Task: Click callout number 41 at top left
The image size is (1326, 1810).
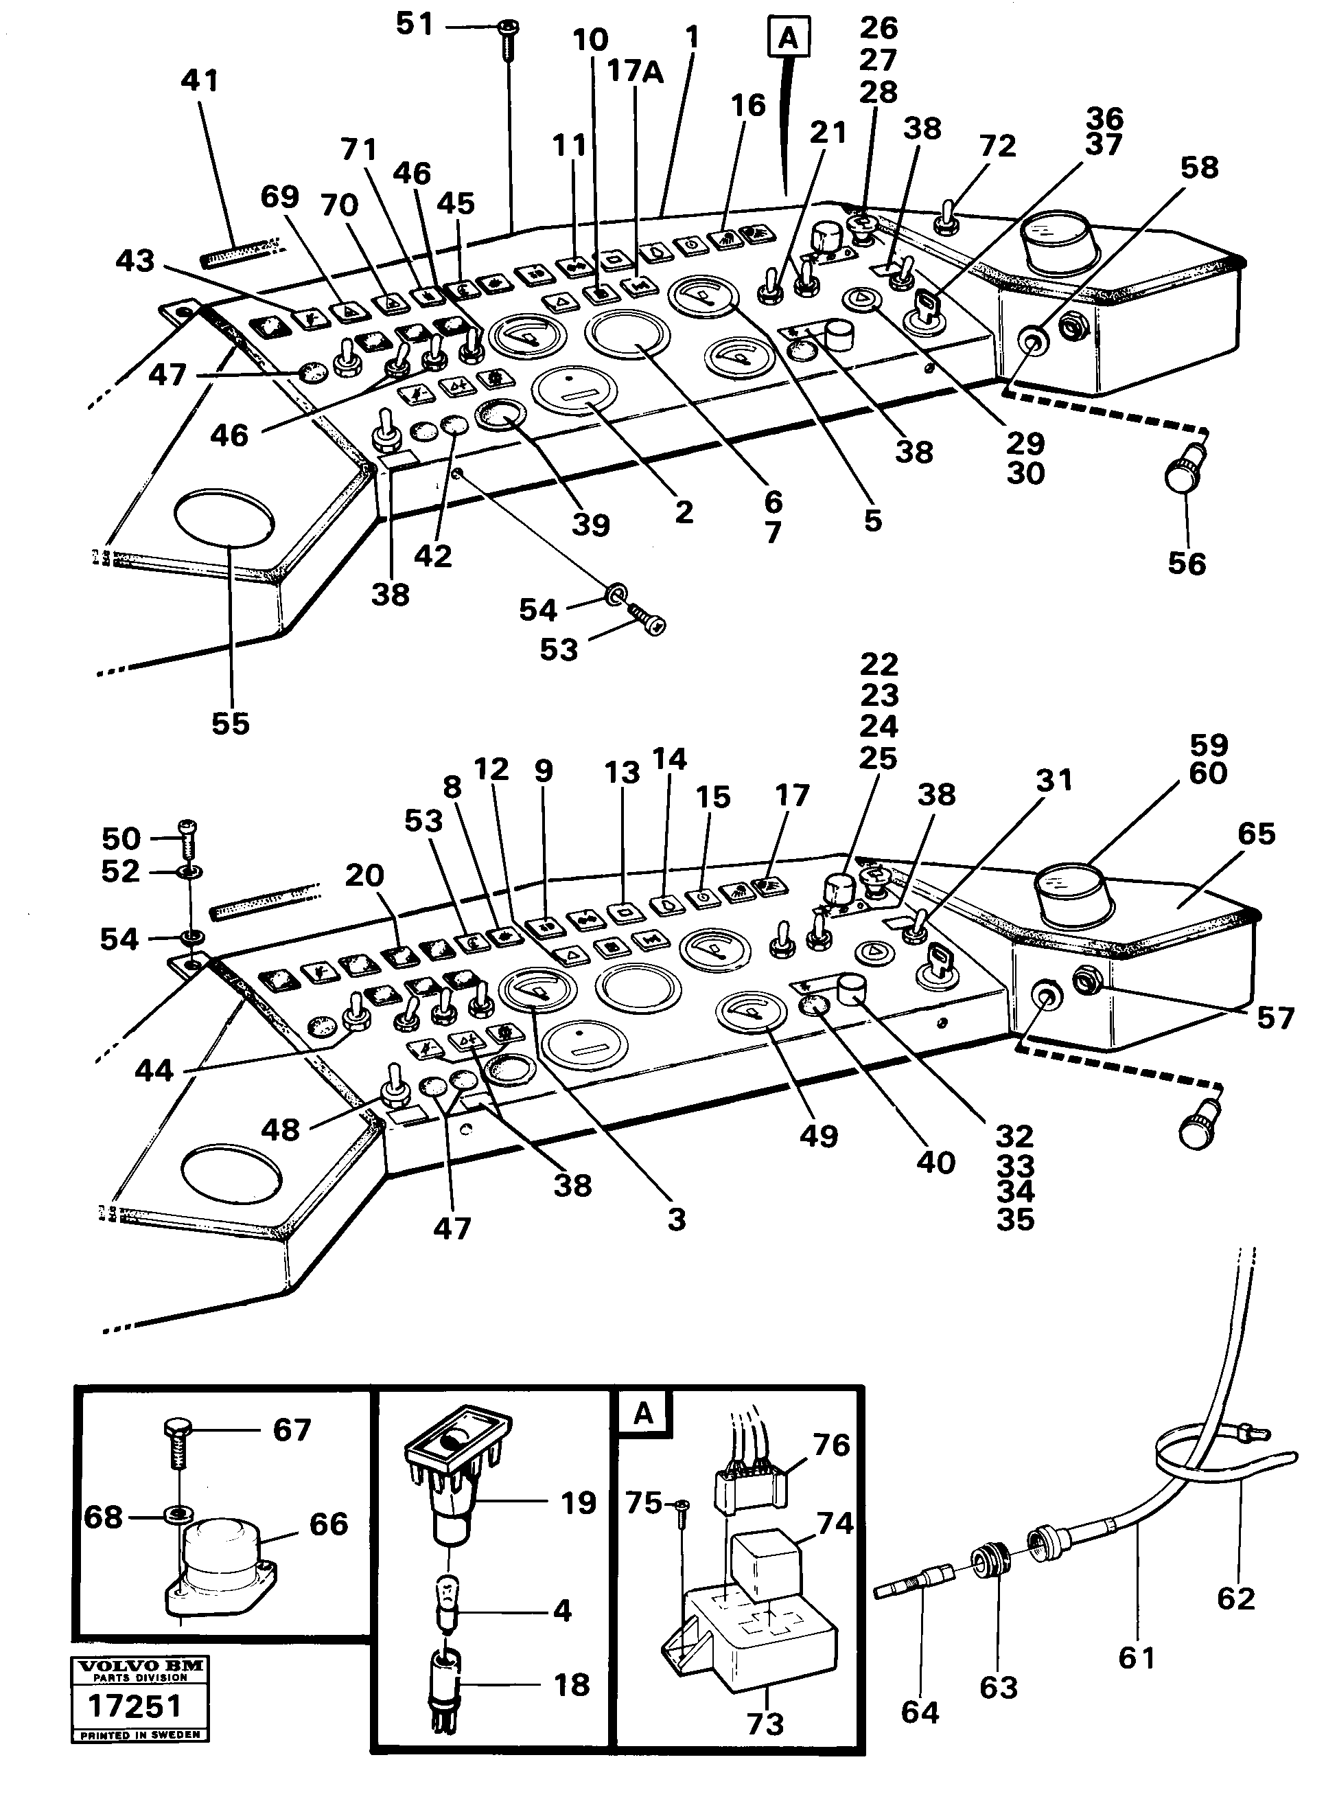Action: [200, 81]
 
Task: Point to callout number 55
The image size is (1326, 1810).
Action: [231, 724]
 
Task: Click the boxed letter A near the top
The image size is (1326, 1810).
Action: [788, 37]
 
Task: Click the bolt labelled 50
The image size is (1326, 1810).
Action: [190, 837]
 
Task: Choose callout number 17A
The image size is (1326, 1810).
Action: [635, 72]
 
